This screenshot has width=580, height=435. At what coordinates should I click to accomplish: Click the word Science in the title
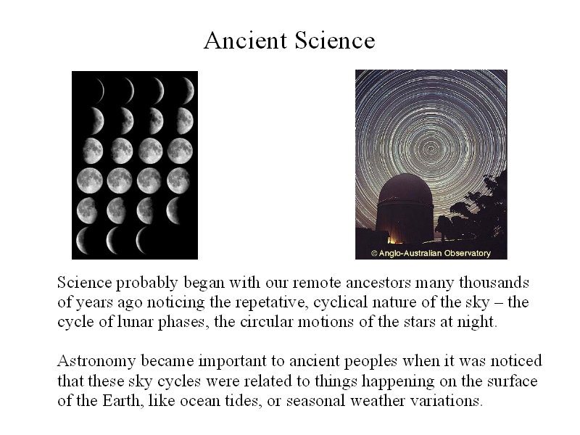pos(335,40)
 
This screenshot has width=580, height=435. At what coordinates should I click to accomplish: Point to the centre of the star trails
pos(431,149)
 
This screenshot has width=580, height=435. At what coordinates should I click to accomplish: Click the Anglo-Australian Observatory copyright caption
pos(431,253)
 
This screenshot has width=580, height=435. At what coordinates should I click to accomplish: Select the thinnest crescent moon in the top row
pos(99,91)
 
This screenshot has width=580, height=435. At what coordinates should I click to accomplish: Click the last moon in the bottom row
pos(142,241)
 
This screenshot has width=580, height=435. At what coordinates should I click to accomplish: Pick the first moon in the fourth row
pos(89,181)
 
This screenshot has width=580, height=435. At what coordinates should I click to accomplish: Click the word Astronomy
pos(96,361)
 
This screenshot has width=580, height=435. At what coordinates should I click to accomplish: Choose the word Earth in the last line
pos(122,401)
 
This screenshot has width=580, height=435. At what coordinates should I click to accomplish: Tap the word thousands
pos(494,283)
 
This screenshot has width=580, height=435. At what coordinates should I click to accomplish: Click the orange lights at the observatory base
pos(393,241)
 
